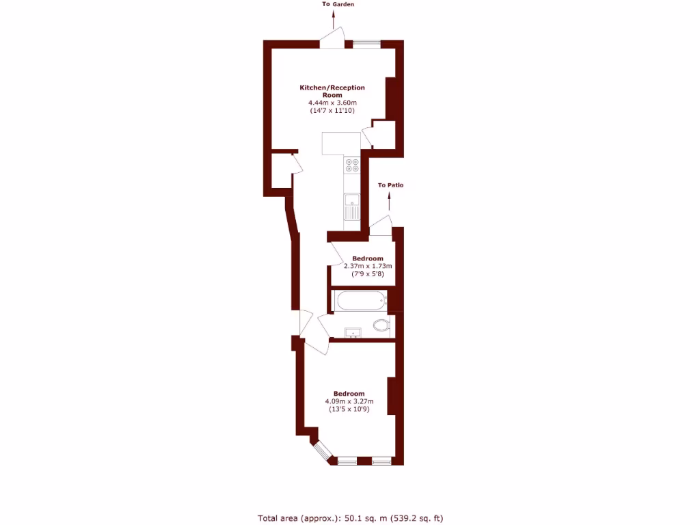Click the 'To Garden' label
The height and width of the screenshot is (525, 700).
(x=338, y=4)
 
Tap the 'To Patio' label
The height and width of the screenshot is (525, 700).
(x=390, y=185)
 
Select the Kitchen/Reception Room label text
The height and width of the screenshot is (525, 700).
(x=332, y=91)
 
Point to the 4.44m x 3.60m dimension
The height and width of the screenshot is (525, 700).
(x=332, y=103)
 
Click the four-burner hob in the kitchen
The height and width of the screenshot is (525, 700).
(x=353, y=164)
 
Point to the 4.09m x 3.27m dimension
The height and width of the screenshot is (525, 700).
(x=349, y=401)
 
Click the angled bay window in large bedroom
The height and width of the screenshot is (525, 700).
(x=322, y=450)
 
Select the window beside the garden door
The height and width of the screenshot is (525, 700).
(x=366, y=44)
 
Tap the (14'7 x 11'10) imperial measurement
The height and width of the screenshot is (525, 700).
(x=332, y=110)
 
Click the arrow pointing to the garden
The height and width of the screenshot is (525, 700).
(x=334, y=19)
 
